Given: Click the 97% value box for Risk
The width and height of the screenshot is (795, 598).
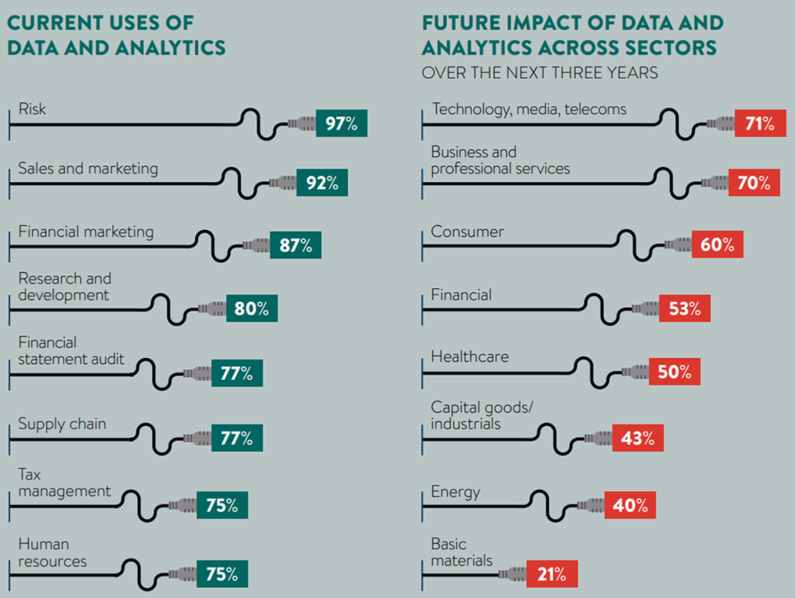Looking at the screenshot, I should [x=341, y=124].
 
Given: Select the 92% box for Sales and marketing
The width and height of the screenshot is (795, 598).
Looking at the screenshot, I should [x=322, y=183].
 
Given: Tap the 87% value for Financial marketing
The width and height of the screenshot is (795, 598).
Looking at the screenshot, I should [x=295, y=245].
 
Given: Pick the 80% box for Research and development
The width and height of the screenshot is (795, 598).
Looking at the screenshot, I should [x=251, y=309].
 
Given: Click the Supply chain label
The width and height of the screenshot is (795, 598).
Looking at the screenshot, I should [x=62, y=424].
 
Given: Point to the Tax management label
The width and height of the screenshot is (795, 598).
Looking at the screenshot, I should [x=64, y=482].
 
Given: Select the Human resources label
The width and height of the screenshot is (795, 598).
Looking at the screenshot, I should [x=52, y=553].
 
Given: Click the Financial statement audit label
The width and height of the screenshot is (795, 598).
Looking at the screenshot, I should [x=71, y=351].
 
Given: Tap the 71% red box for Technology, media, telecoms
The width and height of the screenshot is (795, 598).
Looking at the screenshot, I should [x=760, y=124].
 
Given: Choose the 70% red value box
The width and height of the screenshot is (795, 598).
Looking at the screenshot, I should [x=754, y=183].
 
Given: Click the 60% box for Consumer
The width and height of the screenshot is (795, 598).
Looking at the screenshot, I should [x=718, y=245].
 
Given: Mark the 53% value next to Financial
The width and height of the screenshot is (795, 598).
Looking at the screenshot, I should [x=684, y=309].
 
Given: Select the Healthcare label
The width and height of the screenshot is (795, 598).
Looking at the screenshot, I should [x=470, y=357].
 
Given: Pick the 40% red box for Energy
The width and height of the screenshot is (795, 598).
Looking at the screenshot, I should [x=630, y=506].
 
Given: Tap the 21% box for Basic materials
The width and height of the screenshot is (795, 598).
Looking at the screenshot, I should [x=551, y=574].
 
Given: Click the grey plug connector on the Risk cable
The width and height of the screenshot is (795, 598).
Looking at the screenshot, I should [x=301, y=124].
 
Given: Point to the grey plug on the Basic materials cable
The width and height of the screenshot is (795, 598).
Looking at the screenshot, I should [x=512, y=575].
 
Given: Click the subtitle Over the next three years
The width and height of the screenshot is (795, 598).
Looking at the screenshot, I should [x=540, y=72].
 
